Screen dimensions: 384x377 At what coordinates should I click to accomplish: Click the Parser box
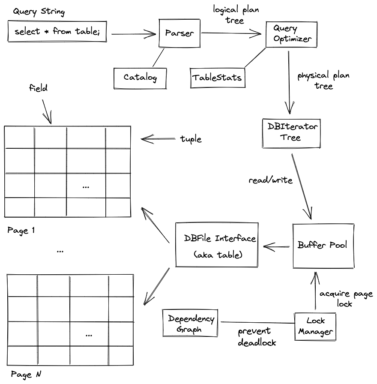point(180,33)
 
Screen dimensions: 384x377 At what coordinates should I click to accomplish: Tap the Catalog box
point(140,77)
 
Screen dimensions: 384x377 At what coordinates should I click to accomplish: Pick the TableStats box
point(217,78)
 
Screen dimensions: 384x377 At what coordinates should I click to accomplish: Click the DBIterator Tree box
point(291,132)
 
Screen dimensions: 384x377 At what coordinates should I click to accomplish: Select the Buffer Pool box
point(323,246)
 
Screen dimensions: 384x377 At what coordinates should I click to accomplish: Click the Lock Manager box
point(315,326)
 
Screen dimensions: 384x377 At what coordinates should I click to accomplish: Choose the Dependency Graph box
point(190,324)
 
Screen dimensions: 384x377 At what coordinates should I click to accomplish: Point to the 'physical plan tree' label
point(323,81)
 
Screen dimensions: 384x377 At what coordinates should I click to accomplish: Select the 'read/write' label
point(270,180)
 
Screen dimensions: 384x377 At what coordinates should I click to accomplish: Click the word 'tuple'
point(191,139)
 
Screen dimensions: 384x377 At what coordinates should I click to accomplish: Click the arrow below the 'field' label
point(47,111)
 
